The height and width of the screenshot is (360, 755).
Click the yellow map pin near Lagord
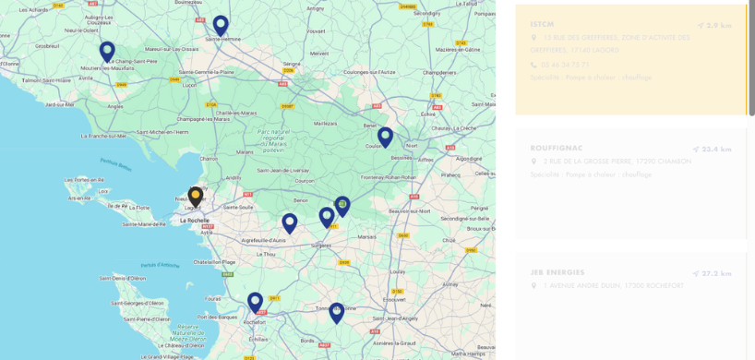pyautogui.click(x=195, y=196)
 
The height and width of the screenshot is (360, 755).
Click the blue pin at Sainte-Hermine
pyautogui.click(x=221, y=25)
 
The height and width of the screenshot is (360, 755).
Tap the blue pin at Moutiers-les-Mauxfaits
pyautogui.click(x=107, y=51)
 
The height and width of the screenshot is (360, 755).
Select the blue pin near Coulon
pyautogui.click(x=385, y=137)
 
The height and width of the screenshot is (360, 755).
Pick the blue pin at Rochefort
pyautogui.click(x=255, y=302)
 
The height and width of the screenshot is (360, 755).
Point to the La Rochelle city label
pyautogui.click(x=195, y=221)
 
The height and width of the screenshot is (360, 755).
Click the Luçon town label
pyautogui.click(x=190, y=84)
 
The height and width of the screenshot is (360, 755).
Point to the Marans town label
pyautogui.click(x=245, y=151)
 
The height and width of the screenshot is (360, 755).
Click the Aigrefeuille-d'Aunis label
pyautogui.click(x=263, y=240)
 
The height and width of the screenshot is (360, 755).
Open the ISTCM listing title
pyautogui.click(x=542, y=24)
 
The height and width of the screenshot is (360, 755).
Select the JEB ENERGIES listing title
pyautogui.click(x=557, y=272)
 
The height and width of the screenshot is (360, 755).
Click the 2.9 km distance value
pyautogui.click(x=718, y=25)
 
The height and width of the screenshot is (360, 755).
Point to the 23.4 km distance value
pyautogui.click(x=716, y=149)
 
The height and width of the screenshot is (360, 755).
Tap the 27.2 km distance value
pyautogui.click(x=716, y=273)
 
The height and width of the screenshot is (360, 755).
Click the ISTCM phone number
pyautogui.click(x=566, y=65)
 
